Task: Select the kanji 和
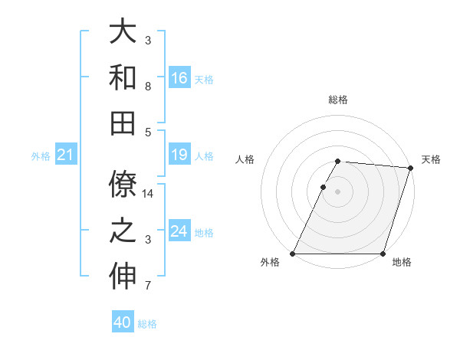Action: tap(123, 77)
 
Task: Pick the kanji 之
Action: tap(123, 231)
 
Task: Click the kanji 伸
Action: tap(123, 277)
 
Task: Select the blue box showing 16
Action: tap(179, 78)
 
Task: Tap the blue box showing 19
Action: tap(179, 155)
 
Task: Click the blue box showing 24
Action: tap(179, 231)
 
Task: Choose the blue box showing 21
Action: tap(66, 155)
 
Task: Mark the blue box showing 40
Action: tap(123, 322)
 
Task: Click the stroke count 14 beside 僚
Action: tap(149, 194)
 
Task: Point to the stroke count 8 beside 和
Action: tap(147, 86)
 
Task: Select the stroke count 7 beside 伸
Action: tap(147, 286)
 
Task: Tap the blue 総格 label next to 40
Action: tap(147, 324)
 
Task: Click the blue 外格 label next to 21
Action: tap(41, 156)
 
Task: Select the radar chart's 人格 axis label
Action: tap(246, 159)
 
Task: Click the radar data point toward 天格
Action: tap(411, 168)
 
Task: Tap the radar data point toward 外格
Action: tap(293, 254)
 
